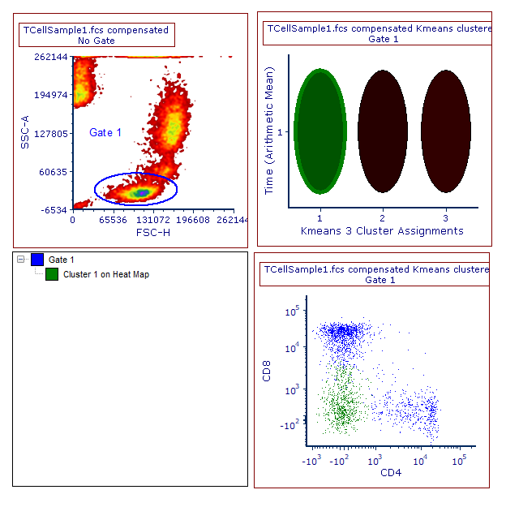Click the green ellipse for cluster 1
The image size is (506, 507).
pyautogui.click(x=320, y=131)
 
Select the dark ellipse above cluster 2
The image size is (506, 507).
pyautogui.click(x=383, y=131)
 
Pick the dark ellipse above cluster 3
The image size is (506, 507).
pyautogui.click(x=445, y=131)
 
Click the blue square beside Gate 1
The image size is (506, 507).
pyautogui.click(x=37, y=260)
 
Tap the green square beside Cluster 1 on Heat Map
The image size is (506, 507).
pyautogui.click(x=52, y=274)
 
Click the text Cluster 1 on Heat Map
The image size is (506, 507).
pyautogui.click(x=106, y=274)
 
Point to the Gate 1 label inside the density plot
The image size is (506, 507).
pyautogui.click(x=105, y=132)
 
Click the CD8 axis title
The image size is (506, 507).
pyautogui.click(x=267, y=374)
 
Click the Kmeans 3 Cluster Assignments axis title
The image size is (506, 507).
pyautogui.click(x=382, y=230)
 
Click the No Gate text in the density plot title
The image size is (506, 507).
pyautogui.click(x=96, y=41)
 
